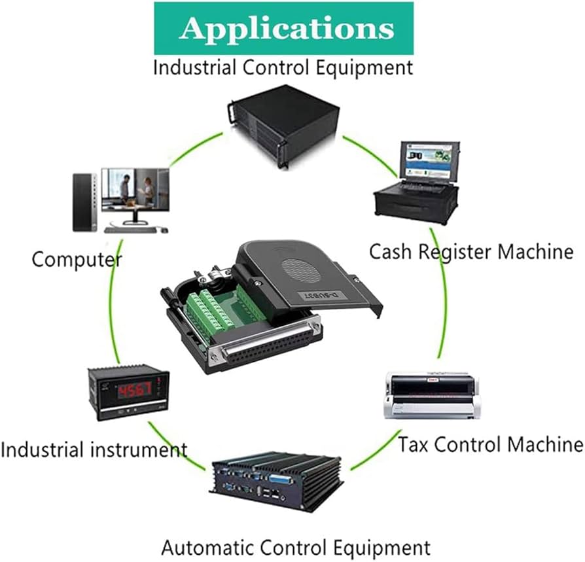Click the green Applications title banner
(x=283, y=28)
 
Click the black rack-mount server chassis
(x=283, y=126)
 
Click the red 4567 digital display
(x=135, y=390)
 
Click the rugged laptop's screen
(x=429, y=161)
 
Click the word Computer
(x=77, y=260)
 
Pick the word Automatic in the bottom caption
(x=208, y=548)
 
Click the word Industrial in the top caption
(x=194, y=68)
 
